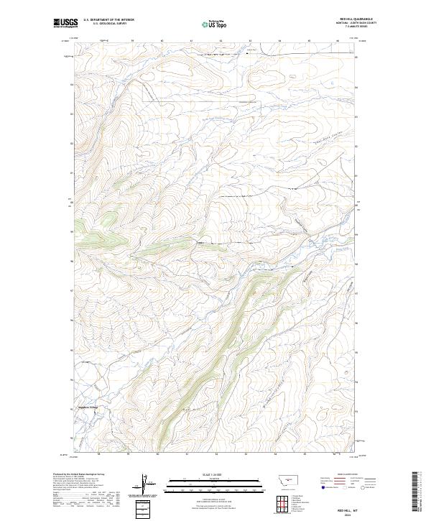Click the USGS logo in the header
[65, 24]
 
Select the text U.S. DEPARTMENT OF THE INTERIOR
[109, 20]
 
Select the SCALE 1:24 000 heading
[215, 474]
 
